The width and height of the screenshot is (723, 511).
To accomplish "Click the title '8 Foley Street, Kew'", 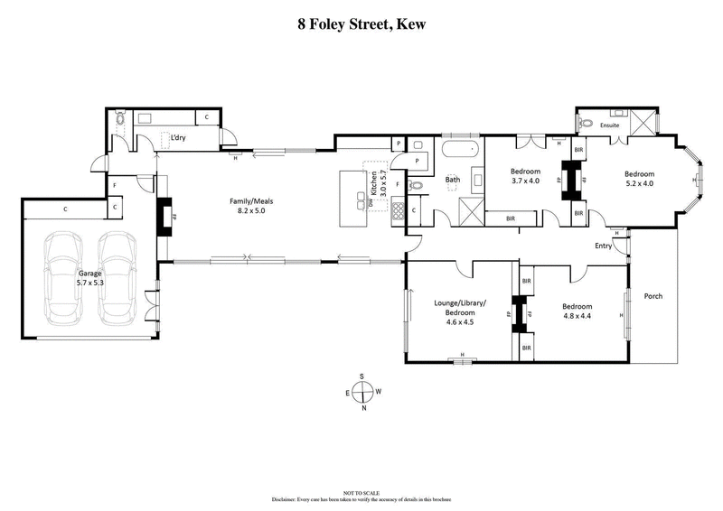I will (361, 24).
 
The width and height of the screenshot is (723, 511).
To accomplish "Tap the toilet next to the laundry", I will (120, 118).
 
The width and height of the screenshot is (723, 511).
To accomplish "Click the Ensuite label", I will (610, 125).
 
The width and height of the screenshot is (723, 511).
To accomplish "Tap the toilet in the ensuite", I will (586, 123).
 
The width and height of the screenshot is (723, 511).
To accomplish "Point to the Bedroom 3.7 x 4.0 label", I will (525, 176).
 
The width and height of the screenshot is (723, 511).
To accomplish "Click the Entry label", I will (603, 245).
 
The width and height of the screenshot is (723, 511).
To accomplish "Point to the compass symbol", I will (361, 392).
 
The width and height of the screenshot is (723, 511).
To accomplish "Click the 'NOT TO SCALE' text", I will (361, 492).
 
